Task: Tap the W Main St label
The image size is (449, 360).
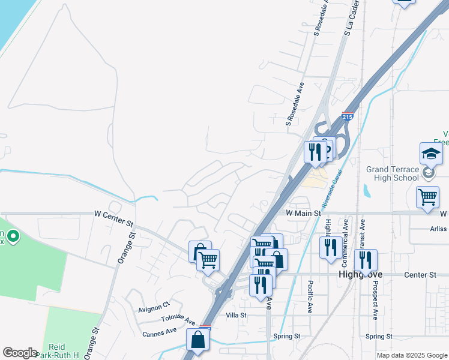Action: [x=304, y=213]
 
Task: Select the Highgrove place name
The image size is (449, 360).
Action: [x=361, y=275]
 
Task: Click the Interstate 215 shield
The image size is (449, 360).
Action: [x=348, y=116]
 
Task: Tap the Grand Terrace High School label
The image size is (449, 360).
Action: [x=393, y=173]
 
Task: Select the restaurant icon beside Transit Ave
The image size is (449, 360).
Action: [x=366, y=260]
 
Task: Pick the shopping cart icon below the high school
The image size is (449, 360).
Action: [x=427, y=197]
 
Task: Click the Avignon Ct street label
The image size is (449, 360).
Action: [x=154, y=310]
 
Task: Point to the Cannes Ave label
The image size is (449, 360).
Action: [x=159, y=331]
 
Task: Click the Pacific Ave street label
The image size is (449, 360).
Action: [x=310, y=296]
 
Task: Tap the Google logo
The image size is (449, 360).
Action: [x=20, y=353]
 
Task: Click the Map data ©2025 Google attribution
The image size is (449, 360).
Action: [x=412, y=355]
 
